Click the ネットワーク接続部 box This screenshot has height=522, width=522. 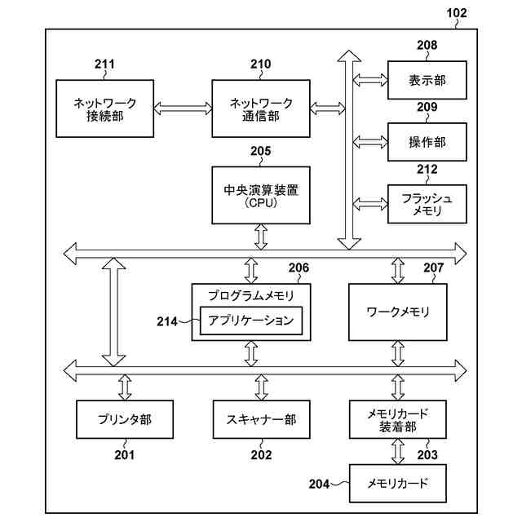(x=105, y=108)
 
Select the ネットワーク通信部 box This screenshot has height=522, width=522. (x=261, y=108)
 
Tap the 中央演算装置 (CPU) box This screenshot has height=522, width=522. (x=261, y=196)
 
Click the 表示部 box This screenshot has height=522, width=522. (x=427, y=80)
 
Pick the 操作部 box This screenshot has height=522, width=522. (x=427, y=142)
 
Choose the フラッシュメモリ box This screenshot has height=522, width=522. (x=427, y=204)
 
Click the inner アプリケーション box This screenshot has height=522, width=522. (x=251, y=321)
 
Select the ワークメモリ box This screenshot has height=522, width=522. (x=398, y=312)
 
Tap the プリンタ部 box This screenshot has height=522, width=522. (x=125, y=419)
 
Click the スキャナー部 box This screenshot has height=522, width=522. (x=261, y=419)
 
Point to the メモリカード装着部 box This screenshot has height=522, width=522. (x=398, y=419)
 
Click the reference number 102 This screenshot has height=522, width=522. (x=457, y=13)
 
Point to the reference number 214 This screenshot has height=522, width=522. (x=167, y=321)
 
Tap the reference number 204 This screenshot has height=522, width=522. (x=319, y=484)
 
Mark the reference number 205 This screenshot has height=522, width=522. (x=261, y=151)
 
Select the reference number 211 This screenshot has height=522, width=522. (x=104, y=64)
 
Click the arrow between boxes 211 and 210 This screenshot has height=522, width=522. (x=183, y=108)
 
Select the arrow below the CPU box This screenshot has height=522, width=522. (x=261, y=237)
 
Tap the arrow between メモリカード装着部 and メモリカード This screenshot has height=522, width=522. (x=398, y=451)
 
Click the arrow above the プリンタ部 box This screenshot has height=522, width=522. (x=125, y=387)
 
